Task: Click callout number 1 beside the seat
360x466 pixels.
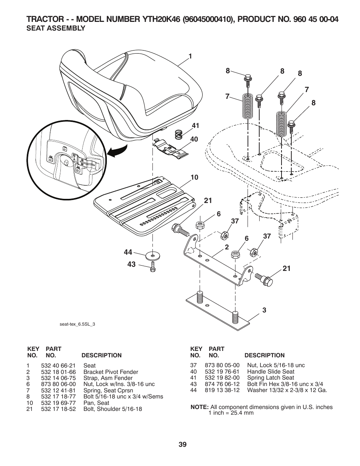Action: (191, 56)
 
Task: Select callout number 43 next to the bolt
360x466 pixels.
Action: (131, 265)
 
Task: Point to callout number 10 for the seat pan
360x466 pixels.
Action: (194, 177)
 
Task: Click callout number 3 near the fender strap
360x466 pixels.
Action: (264, 310)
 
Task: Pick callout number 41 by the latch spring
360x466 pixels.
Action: (195, 126)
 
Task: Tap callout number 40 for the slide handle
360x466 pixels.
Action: (194, 139)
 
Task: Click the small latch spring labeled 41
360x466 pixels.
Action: (179, 134)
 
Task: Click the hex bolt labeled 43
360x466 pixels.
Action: (152, 267)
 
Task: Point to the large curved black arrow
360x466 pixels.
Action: (118, 152)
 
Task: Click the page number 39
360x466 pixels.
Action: (183, 444)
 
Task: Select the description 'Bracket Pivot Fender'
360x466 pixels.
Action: (111, 372)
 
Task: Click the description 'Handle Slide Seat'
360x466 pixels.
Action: (271, 371)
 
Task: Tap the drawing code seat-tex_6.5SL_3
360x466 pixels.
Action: (77, 324)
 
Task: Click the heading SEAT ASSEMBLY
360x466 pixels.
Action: (55, 28)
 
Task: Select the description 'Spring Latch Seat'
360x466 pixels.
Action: (270, 377)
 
